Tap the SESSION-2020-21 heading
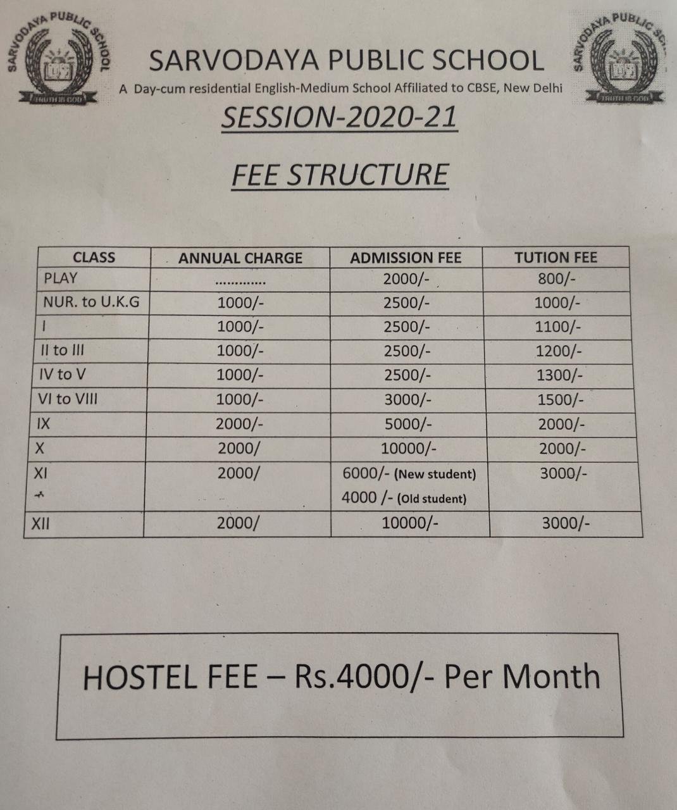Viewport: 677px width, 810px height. click(339, 118)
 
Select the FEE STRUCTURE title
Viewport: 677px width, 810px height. click(340, 175)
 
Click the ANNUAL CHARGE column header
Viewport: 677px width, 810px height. click(240, 258)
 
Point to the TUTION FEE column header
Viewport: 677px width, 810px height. click(556, 258)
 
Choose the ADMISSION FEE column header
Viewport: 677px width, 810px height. click(406, 258)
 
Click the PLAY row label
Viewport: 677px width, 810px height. click(60, 278)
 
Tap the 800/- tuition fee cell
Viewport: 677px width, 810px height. click(555, 279)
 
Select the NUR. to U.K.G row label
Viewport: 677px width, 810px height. click(90, 302)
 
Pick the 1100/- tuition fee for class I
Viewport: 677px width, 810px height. click(557, 327)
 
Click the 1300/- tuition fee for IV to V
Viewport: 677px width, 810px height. click(559, 375)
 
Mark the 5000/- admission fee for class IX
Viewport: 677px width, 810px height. click(407, 424)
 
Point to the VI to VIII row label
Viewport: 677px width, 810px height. click(68, 399)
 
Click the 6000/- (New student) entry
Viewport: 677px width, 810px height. click(409, 473)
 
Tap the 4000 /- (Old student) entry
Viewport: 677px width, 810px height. click(404, 498)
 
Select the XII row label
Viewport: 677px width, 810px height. click(40, 523)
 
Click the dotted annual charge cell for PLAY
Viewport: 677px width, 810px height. click(240, 281)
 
